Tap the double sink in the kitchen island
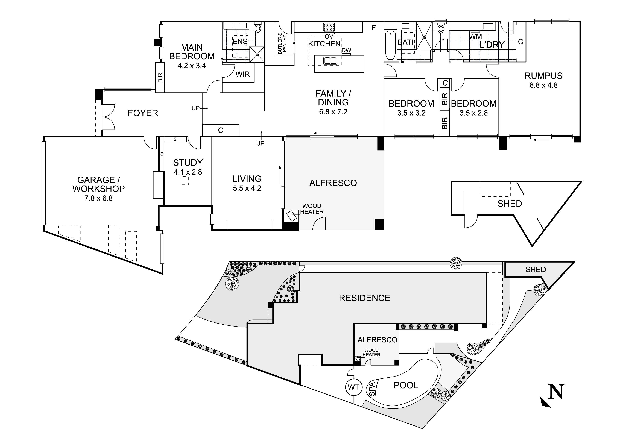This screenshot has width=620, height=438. point(330,60)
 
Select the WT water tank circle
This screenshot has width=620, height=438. point(353,387)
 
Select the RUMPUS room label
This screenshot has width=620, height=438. point(543,76)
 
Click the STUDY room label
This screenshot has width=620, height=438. point(188,163)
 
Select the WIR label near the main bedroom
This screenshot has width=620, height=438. point(242,74)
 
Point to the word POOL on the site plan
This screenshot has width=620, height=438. point(406,385)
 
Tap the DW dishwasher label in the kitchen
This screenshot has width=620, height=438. point(346,51)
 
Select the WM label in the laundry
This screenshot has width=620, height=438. point(475,36)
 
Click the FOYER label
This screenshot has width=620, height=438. point(143,113)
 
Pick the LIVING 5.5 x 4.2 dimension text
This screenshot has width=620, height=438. point(247,188)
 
